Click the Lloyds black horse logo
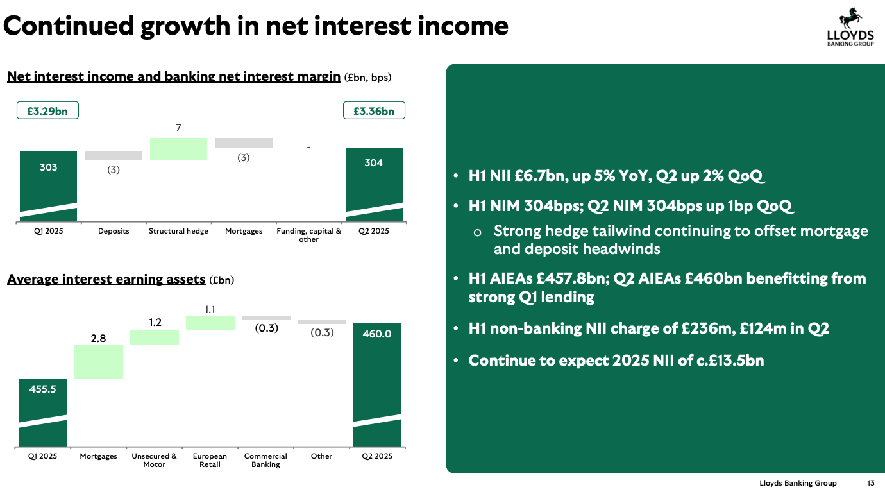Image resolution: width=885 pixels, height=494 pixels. click(850, 18)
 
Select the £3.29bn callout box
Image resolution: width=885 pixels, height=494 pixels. click(47, 110)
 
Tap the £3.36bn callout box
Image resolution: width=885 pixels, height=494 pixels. click(374, 110)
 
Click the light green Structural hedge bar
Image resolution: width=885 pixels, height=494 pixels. click(178, 148)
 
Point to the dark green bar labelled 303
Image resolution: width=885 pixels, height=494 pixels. click(48, 186)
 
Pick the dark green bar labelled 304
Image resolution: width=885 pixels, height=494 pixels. click(374, 185)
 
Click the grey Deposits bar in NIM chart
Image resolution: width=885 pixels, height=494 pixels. click(114, 155)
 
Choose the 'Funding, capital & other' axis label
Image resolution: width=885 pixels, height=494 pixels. click(308, 235)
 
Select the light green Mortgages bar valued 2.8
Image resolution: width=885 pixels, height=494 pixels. click(98, 362)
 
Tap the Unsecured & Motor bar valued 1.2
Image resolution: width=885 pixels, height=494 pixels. click(155, 337)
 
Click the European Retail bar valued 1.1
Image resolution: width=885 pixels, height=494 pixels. click(210, 323)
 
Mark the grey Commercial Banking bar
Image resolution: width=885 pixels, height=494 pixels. click(265, 318)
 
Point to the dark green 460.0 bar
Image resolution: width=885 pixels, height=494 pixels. click(377, 385)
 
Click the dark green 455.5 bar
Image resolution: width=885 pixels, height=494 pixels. click(43, 413)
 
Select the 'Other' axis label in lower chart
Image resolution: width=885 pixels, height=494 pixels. click(321, 456)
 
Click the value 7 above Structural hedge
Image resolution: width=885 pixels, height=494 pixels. click(178, 128)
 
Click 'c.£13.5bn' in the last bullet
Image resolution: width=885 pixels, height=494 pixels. click(730, 360)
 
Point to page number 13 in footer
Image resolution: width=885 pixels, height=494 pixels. click(870, 483)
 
